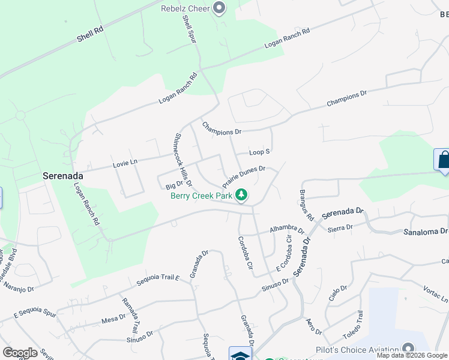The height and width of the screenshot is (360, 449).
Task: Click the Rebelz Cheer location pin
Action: (219, 8)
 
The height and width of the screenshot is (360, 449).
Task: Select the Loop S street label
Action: (260, 152)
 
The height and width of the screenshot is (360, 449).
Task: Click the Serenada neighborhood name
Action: (62, 176)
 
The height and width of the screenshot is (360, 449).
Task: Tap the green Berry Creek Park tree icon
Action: (241, 194)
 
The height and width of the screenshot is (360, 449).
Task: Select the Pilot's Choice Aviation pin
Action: (409, 349)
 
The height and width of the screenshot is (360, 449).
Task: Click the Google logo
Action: (20, 352)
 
